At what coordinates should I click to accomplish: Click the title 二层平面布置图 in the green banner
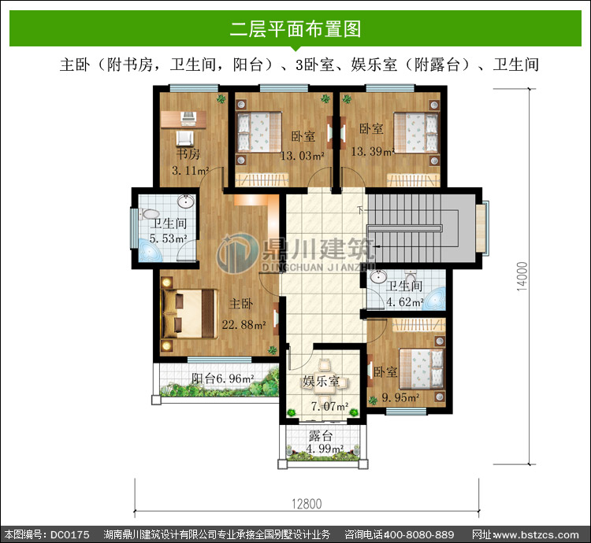[x=295, y=29]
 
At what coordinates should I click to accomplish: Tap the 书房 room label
[x=188, y=153]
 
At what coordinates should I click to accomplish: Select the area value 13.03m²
[x=303, y=155]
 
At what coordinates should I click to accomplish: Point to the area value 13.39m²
[x=373, y=151]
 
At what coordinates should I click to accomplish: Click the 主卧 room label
[x=241, y=304]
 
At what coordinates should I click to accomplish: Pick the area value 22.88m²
[x=243, y=324]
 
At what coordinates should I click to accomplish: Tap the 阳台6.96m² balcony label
[x=222, y=379]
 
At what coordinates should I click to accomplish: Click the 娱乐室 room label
[x=322, y=381]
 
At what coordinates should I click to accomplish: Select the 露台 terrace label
[x=321, y=436]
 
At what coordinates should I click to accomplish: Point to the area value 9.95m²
[x=400, y=397]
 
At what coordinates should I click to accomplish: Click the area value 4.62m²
[x=405, y=301]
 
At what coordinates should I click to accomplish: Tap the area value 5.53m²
[x=168, y=238]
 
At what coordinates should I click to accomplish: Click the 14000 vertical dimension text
[x=522, y=276]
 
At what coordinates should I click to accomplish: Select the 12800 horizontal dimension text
[x=307, y=504]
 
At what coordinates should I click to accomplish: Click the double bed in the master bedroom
[x=190, y=314]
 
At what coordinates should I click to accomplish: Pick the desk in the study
[x=183, y=119]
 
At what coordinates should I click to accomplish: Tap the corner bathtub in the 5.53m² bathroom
[x=151, y=250]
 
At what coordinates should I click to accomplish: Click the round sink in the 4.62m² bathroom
[x=377, y=276]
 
